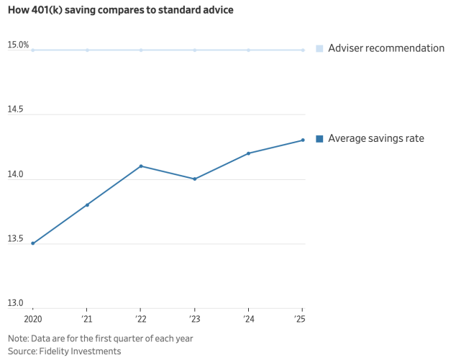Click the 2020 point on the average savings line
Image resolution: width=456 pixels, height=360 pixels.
click(x=33, y=243)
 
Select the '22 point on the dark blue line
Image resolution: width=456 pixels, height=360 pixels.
click(x=141, y=166)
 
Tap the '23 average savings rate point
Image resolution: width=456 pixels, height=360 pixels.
click(x=195, y=179)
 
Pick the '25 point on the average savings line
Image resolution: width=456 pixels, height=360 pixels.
click(x=303, y=140)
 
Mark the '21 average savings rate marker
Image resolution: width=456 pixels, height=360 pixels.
click(x=87, y=205)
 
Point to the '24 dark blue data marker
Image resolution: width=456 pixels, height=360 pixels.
click(x=248, y=153)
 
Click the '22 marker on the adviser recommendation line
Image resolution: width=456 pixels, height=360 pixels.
click(x=141, y=50)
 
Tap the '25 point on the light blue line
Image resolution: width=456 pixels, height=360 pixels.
click(x=303, y=50)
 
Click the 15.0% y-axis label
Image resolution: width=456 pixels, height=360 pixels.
click(x=18, y=45)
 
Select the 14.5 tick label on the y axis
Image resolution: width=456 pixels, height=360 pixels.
click(x=15, y=109)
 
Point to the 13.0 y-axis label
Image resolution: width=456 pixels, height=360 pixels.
click(x=15, y=303)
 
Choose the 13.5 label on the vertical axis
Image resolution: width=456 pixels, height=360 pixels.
click(x=15, y=238)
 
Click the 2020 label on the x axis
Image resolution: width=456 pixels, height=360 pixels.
click(x=33, y=319)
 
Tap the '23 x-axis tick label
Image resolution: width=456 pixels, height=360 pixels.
click(x=195, y=319)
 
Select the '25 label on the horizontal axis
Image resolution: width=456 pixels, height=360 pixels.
click(x=300, y=319)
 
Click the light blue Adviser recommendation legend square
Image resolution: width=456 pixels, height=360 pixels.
click(x=319, y=49)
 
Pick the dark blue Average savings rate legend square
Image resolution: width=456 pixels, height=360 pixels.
click(x=319, y=139)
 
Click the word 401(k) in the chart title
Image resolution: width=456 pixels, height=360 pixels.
click(x=47, y=10)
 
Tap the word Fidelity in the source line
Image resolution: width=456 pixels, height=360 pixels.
click(x=54, y=351)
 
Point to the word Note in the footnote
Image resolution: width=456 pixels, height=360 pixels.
click(x=18, y=338)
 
